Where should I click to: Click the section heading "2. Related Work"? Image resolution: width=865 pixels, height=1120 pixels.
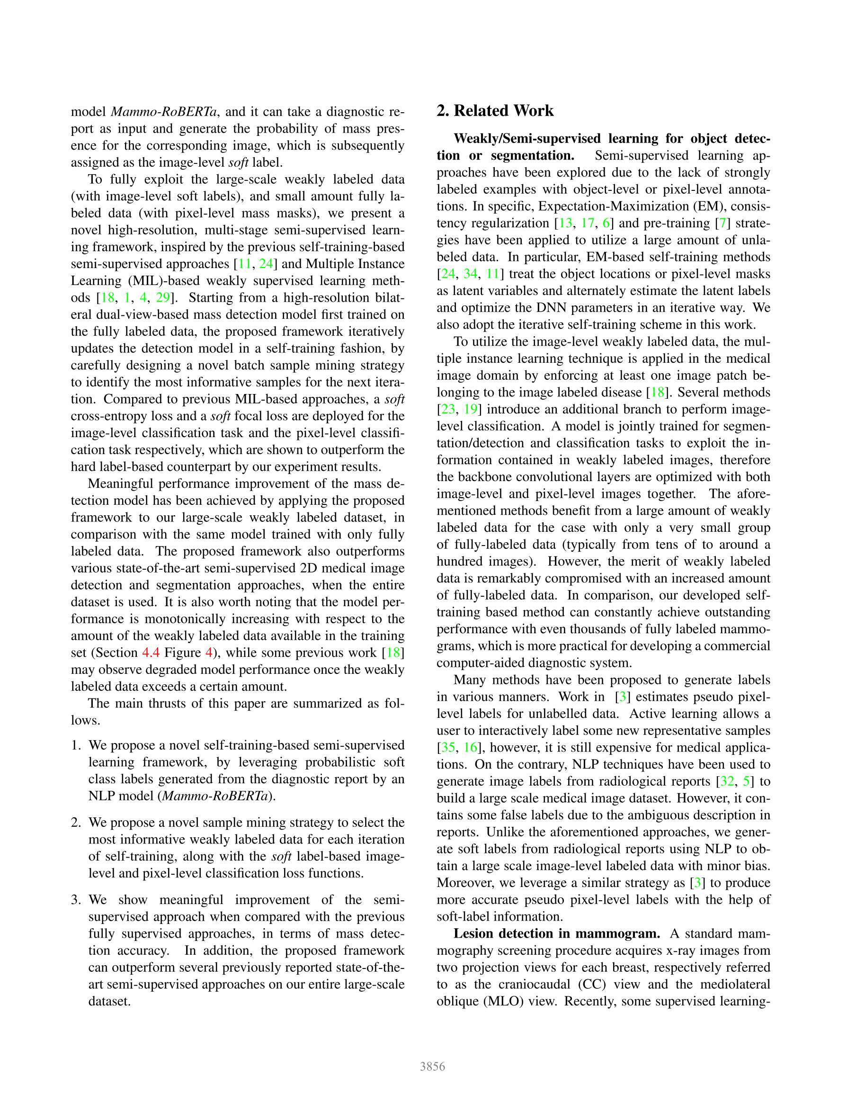point(495,111)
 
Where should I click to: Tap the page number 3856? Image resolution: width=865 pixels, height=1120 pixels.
point(432,1066)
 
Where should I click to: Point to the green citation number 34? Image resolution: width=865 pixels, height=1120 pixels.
point(470,274)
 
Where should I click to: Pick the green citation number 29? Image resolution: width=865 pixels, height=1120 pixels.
point(162,297)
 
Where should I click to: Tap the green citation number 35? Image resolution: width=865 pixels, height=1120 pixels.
point(447,747)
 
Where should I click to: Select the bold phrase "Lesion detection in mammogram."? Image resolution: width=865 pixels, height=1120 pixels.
point(557,933)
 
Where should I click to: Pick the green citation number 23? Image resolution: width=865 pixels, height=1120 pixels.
point(447,409)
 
